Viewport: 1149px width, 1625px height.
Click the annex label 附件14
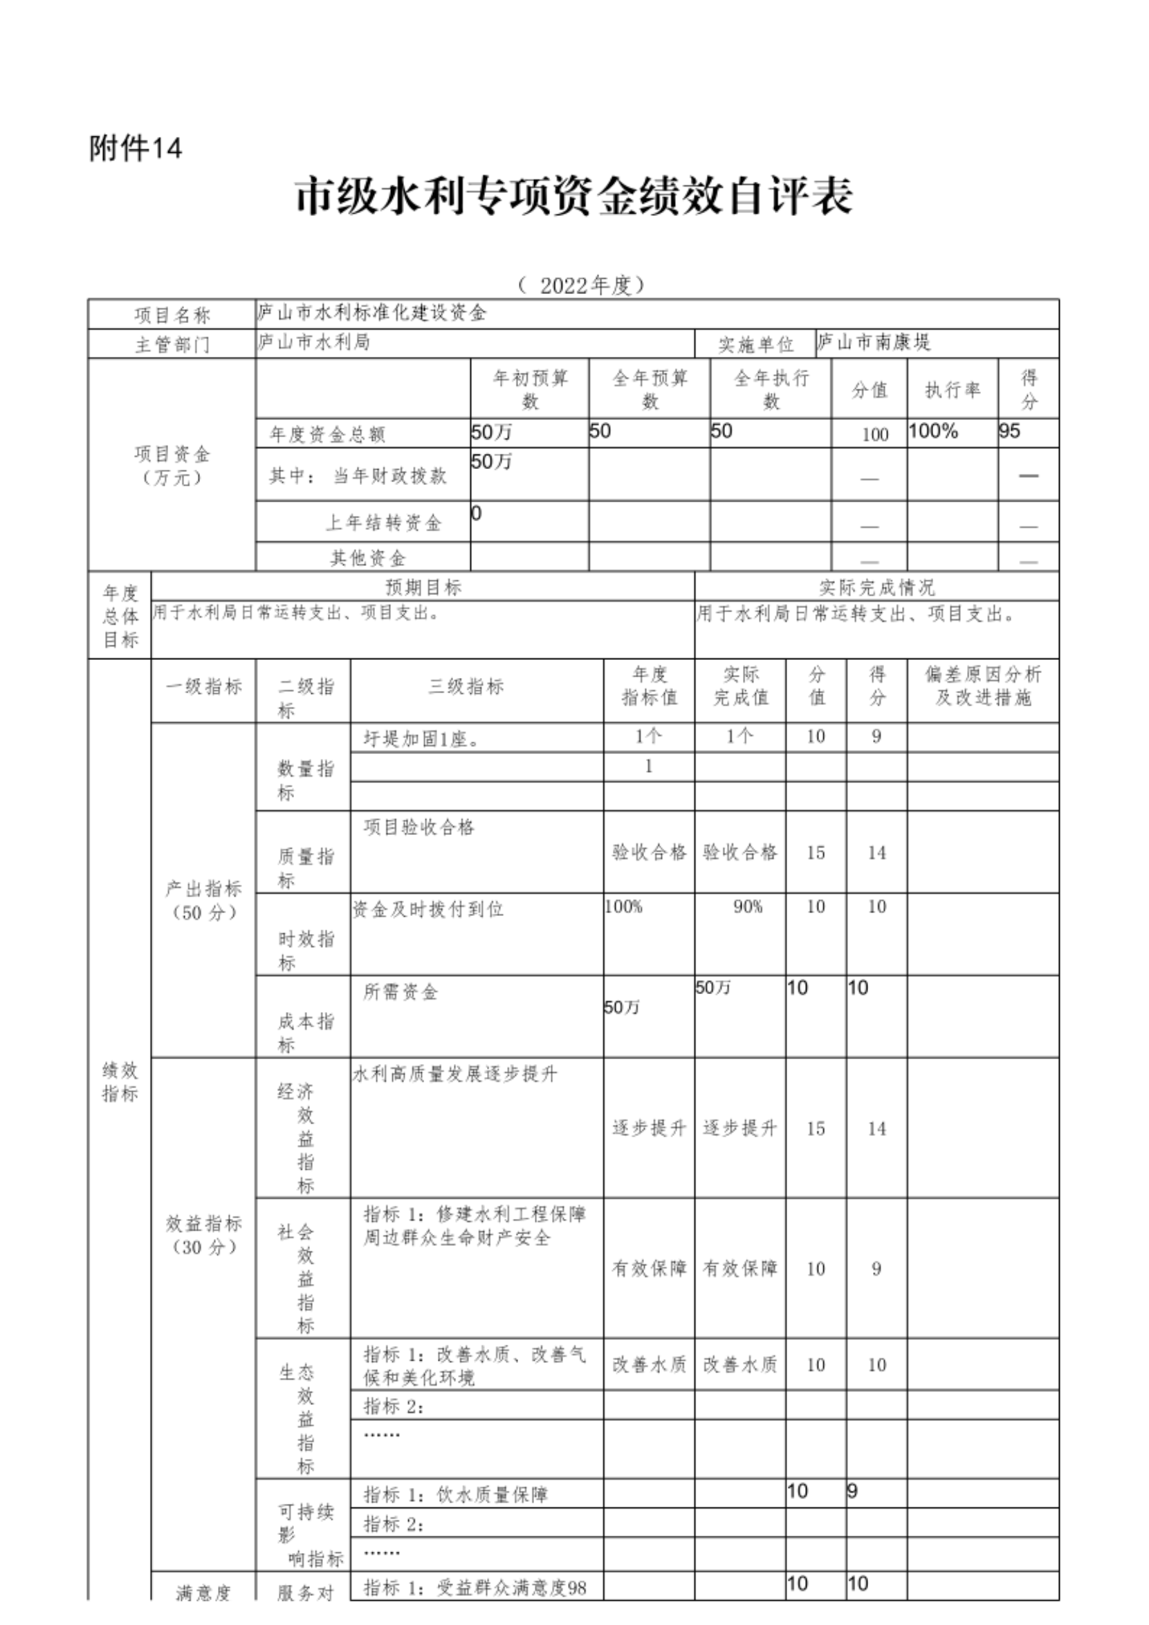[136, 149]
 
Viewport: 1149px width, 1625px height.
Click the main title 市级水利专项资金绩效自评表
[573, 196]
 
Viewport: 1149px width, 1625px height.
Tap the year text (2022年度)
[582, 285]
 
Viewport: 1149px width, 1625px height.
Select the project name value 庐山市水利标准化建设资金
[372, 313]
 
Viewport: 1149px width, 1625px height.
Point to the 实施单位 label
[755, 345]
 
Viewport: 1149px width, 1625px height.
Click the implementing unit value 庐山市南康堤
[874, 342]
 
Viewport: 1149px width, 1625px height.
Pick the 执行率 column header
[953, 389]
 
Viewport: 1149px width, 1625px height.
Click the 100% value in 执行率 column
[933, 431]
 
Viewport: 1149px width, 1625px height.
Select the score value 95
[1010, 431]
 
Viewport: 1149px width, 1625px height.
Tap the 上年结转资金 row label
[383, 523]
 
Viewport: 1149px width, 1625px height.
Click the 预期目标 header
[423, 587]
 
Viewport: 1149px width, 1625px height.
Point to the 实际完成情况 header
[876, 587]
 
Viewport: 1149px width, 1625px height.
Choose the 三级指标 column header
[466, 686]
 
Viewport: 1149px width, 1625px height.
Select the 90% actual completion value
[747, 907]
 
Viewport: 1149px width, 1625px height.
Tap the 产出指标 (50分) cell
[204, 900]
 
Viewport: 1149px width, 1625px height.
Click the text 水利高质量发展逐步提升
[455, 1074]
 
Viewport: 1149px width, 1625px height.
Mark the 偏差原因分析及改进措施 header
[983, 686]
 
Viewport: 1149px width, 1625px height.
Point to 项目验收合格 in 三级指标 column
[419, 827]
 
